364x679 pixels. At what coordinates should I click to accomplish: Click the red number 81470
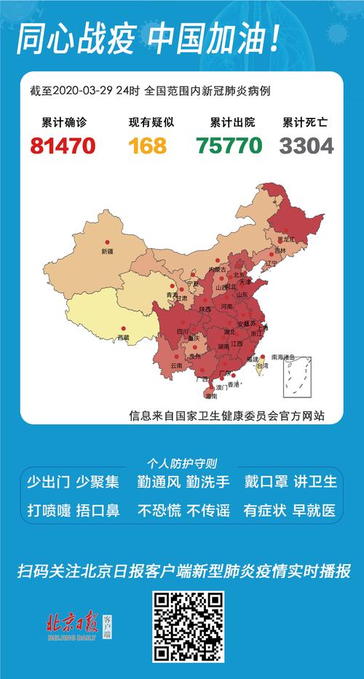coord(63,146)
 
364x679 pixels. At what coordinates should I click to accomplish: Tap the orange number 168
coord(148,146)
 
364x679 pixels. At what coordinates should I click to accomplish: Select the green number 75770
coord(229,146)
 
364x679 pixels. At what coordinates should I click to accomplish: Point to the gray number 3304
coord(306,146)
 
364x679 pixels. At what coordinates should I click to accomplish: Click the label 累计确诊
coord(63,123)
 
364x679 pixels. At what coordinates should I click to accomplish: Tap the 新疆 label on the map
coord(107,251)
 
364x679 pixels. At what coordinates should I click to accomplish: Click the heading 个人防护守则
coord(181,463)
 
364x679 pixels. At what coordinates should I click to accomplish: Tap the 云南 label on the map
coord(176,365)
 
